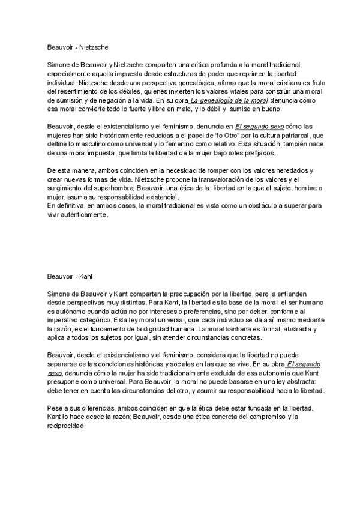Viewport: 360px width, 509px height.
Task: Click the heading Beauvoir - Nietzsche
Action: click(78, 45)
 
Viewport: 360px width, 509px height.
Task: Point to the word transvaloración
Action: click(224, 179)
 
